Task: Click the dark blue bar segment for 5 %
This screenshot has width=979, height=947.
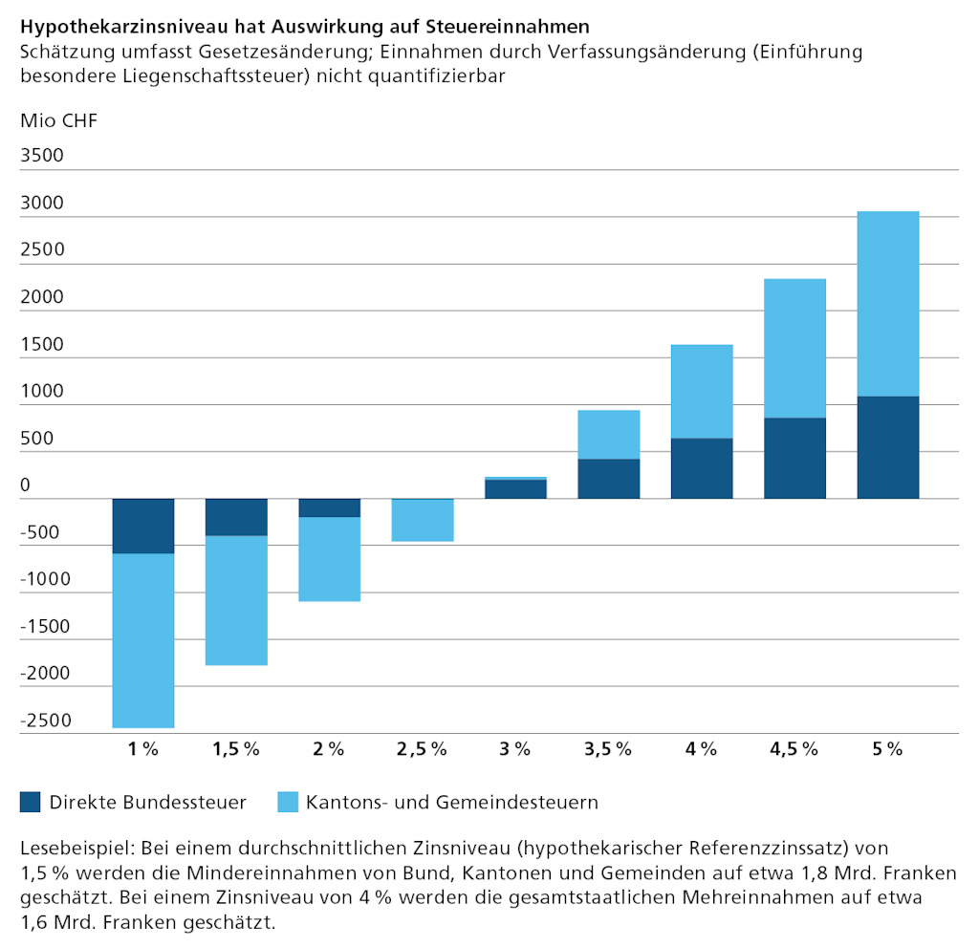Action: coord(888,447)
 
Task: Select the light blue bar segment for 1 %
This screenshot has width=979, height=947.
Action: coord(143,640)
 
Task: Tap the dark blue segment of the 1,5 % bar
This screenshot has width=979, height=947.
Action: coord(236,517)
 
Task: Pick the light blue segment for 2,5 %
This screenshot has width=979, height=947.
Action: coord(423,521)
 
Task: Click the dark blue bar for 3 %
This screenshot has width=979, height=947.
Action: coord(515,488)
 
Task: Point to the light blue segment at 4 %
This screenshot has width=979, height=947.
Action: coord(702,391)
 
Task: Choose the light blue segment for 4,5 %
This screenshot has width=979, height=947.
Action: coord(794,348)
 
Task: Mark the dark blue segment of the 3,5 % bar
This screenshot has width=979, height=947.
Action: coord(609,479)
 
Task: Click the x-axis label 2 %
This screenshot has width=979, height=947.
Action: coord(329,749)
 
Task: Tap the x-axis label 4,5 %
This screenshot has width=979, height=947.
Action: coord(794,749)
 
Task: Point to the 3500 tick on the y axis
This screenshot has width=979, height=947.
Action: coord(41,156)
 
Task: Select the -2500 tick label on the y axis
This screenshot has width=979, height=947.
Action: coord(45,720)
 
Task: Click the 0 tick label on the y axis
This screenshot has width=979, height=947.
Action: coord(26,485)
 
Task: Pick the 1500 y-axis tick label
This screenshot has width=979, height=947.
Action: coord(41,344)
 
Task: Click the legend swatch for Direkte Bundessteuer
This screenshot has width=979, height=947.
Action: coord(31,802)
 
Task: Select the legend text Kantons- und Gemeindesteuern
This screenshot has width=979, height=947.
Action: coord(452,802)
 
